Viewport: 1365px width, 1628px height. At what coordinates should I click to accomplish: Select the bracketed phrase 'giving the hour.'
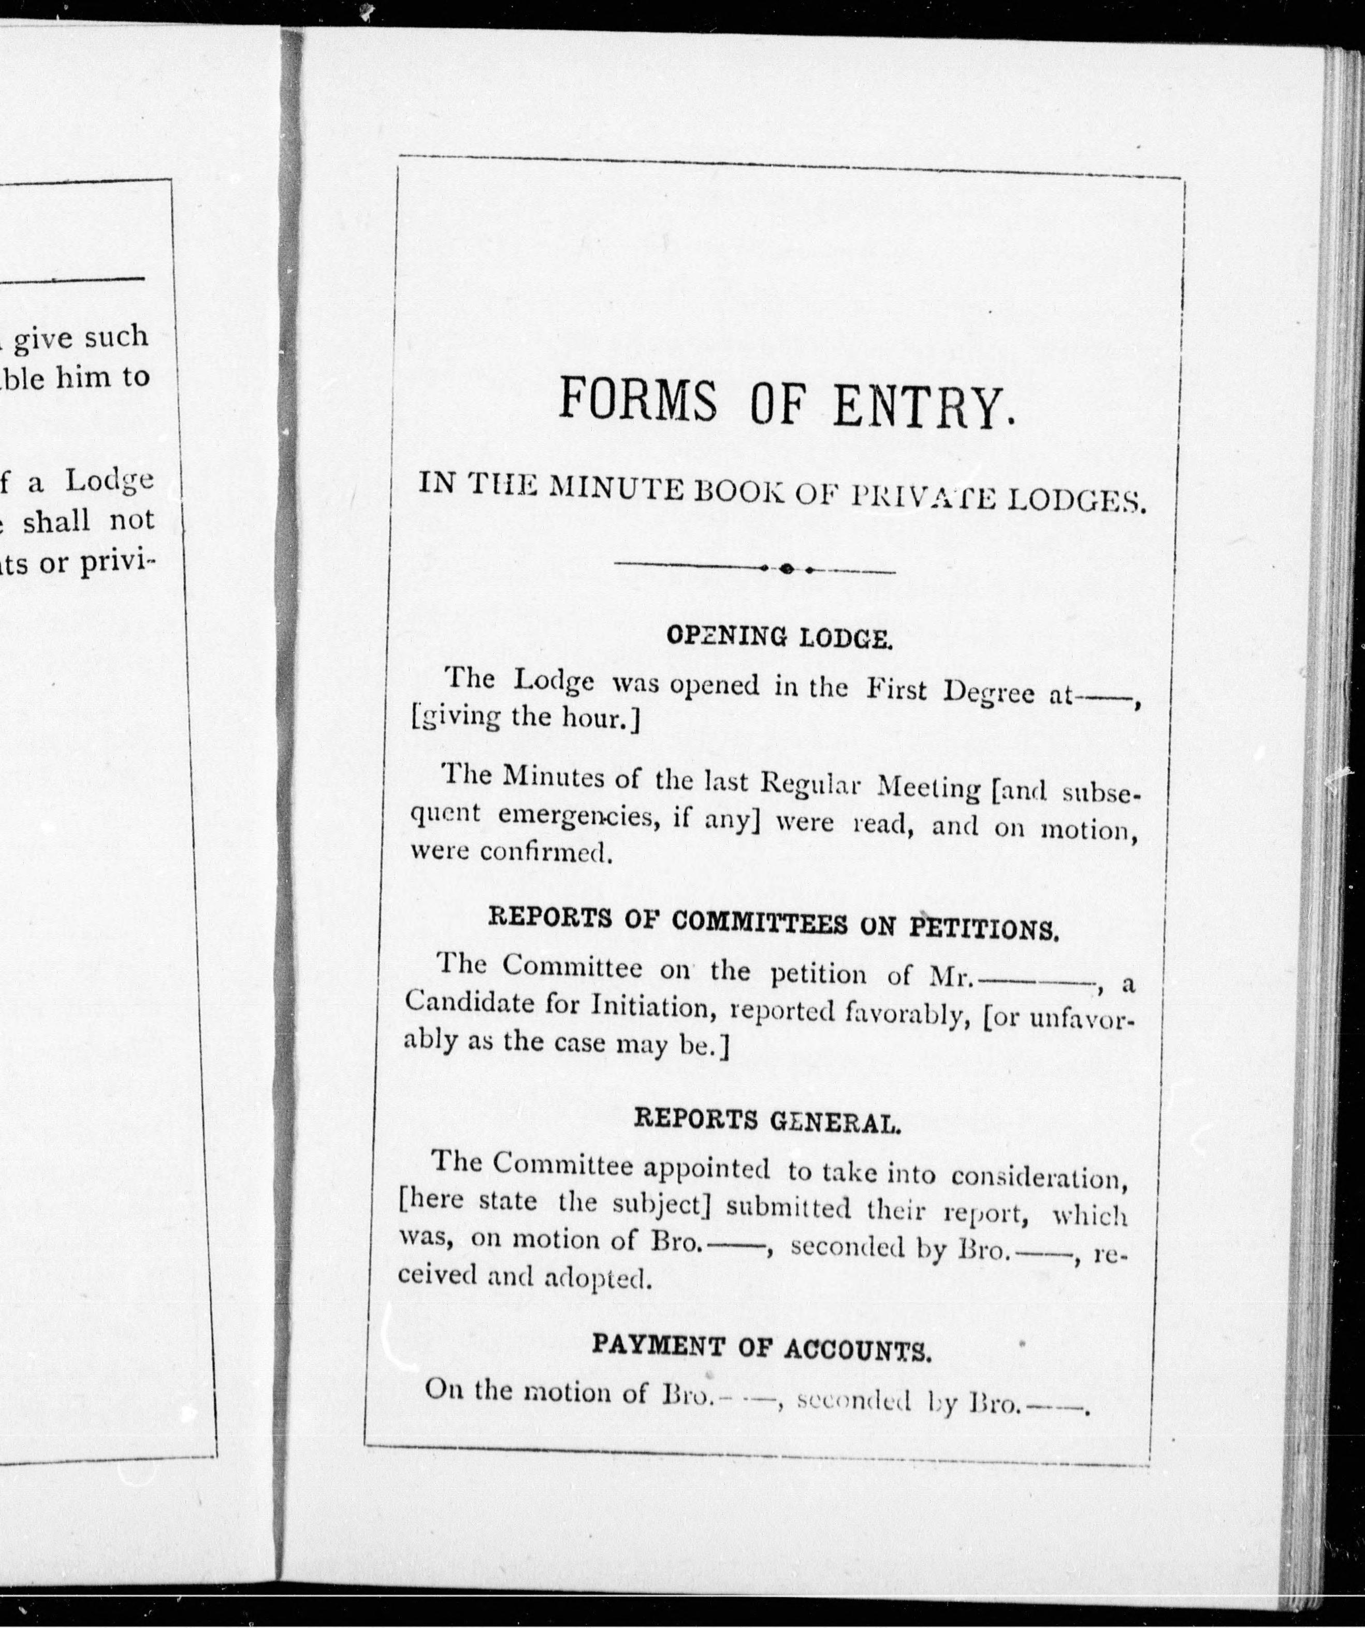(x=526, y=718)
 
